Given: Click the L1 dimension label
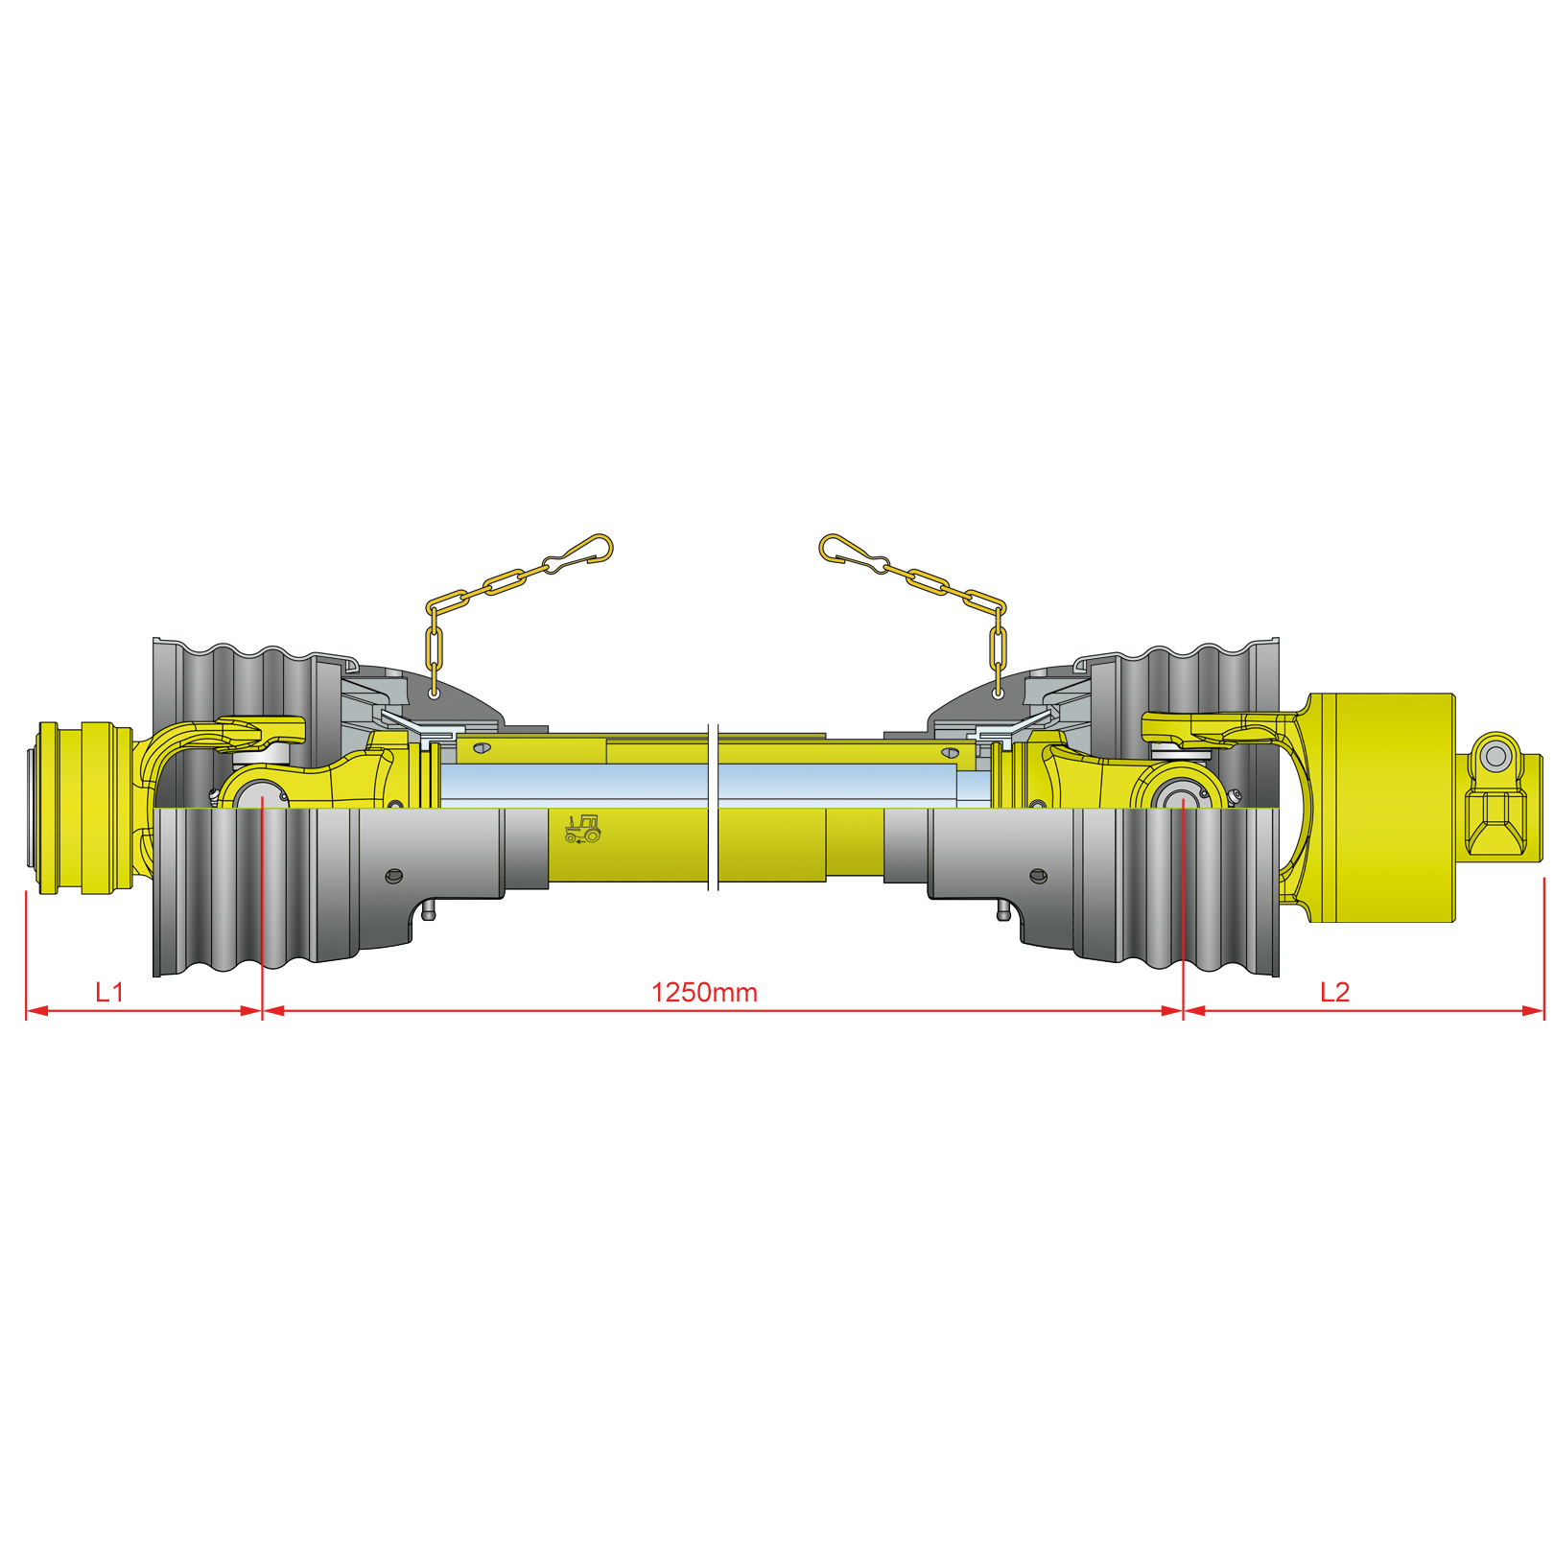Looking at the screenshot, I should tap(109, 992).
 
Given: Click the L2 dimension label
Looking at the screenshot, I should tap(1334, 992).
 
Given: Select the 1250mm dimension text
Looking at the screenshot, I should tap(704, 992).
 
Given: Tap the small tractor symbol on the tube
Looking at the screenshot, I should tap(582, 829).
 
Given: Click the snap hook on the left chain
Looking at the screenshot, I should tap(581, 554).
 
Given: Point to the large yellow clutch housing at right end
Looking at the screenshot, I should tap(1381, 808).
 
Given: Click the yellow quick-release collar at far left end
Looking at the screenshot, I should tap(84, 808).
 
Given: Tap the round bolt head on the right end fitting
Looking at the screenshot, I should tap(1495, 757).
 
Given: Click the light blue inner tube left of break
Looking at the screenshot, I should tap(576, 785).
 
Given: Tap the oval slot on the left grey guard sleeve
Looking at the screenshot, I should tap(393, 876).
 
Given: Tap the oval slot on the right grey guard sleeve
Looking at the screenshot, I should tap(1038, 876).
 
